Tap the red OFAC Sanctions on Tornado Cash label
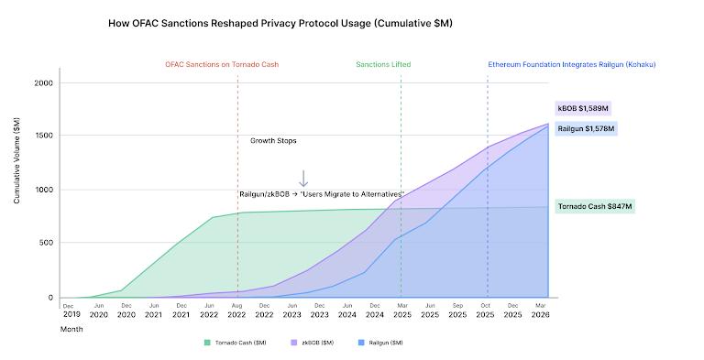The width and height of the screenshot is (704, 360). pos(222,65)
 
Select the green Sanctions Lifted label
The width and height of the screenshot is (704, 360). pos(383,65)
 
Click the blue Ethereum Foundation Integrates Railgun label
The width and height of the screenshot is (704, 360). pos(570,65)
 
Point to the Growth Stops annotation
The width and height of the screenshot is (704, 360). pos(273,141)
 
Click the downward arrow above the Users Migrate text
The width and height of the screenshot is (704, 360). pos(303,179)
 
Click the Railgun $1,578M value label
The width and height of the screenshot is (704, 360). pos(587,128)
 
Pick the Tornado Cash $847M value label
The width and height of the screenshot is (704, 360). pos(595,207)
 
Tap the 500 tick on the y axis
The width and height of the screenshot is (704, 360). pos(46,244)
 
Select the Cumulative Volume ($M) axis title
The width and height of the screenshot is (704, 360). pos(16,165)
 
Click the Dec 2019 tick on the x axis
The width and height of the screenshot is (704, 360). pos(71,310)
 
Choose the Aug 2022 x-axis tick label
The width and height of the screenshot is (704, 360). pos(237,310)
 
